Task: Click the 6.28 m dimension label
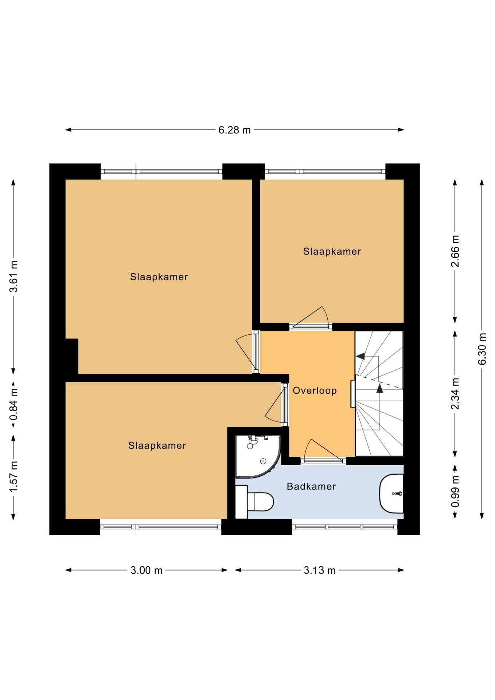[234, 130]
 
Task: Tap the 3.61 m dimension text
[13, 276]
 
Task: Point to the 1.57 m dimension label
[13, 477]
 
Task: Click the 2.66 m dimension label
[455, 251]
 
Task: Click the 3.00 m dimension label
[147, 570]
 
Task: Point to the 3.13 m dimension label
[320, 570]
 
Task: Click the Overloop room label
[315, 390]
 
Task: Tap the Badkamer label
[311, 486]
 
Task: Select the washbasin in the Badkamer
[391, 493]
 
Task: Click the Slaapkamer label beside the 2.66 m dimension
[332, 251]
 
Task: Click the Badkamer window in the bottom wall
[344, 526]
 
